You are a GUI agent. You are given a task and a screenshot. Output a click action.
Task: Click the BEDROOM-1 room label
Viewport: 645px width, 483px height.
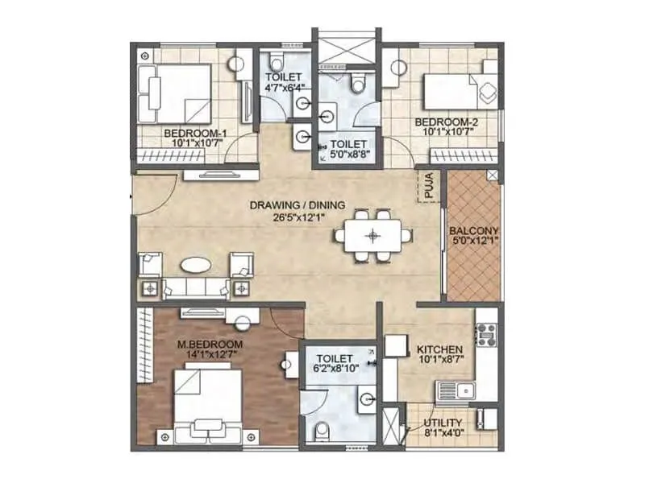click(x=189, y=132)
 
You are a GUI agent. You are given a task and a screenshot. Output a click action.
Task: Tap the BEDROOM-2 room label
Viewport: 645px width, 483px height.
click(x=440, y=122)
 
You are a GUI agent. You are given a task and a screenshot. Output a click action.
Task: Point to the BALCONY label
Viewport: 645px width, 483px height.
click(x=472, y=229)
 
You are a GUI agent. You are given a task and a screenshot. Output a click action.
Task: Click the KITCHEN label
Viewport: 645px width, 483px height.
click(x=439, y=349)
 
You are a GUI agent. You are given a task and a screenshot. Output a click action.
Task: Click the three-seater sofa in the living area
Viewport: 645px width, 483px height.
click(x=196, y=287)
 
